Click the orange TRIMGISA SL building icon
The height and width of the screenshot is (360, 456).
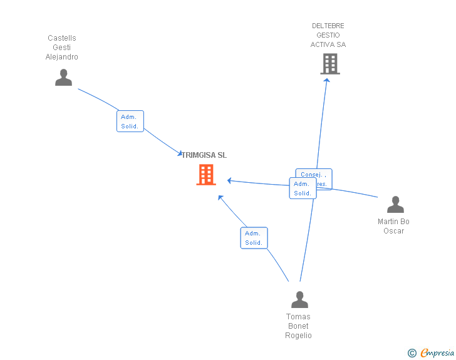pos(206,175)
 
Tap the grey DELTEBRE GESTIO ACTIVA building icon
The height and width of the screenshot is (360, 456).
pos(330,64)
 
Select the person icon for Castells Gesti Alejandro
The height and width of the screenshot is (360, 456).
pos(63,77)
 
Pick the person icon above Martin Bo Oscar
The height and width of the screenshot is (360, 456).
pos(395,205)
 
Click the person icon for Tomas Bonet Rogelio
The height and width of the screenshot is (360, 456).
pos(299,300)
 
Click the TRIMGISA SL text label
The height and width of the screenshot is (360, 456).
pos(204,155)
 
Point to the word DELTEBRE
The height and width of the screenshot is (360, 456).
pos(328,26)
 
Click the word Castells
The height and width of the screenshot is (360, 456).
pos(62,38)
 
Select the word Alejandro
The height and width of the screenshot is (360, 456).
pos(62,57)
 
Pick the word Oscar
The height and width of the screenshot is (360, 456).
pos(394,231)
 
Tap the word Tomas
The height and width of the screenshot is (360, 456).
pos(298,317)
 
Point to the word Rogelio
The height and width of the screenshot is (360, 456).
pos(298,336)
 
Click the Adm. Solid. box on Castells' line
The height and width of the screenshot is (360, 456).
pos(130,121)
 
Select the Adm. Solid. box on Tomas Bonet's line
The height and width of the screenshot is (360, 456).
pos(254,238)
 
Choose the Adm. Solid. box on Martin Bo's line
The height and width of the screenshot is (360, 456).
pos(303,188)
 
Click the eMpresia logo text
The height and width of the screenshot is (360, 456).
pos(437,353)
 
